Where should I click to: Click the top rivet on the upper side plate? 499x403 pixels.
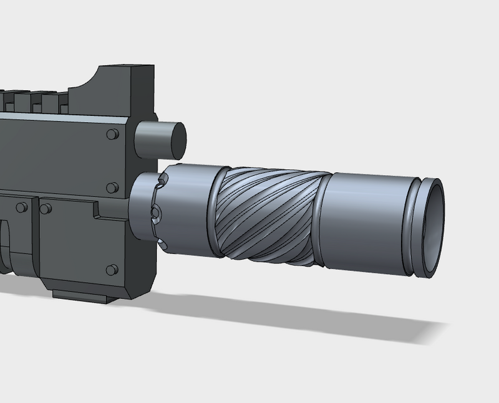click(112, 135)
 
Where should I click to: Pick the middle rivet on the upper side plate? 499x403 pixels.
click(112, 187)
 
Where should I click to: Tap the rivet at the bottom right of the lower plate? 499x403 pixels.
click(112, 269)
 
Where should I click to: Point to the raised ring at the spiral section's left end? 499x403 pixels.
click(215, 213)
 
